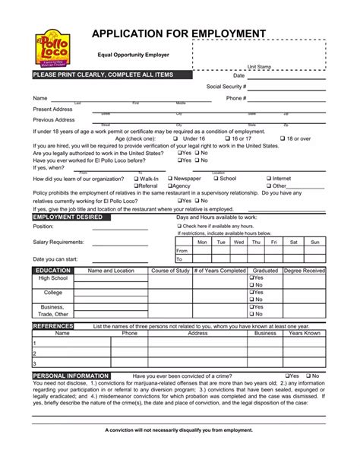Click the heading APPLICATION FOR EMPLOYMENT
[x=179, y=33]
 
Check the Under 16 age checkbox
[x=175, y=139]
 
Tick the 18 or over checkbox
[x=280, y=139]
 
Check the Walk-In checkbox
[x=136, y=178]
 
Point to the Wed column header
[x=238, y=242]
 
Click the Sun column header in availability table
[x=314, y=242]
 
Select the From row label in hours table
[x=182, y=250]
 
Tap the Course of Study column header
[x=170, y=271]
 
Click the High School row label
[x=52, y=279]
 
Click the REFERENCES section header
[x=53, y=325]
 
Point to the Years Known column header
[x=305, y=333]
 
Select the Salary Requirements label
[x=58, y=242]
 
